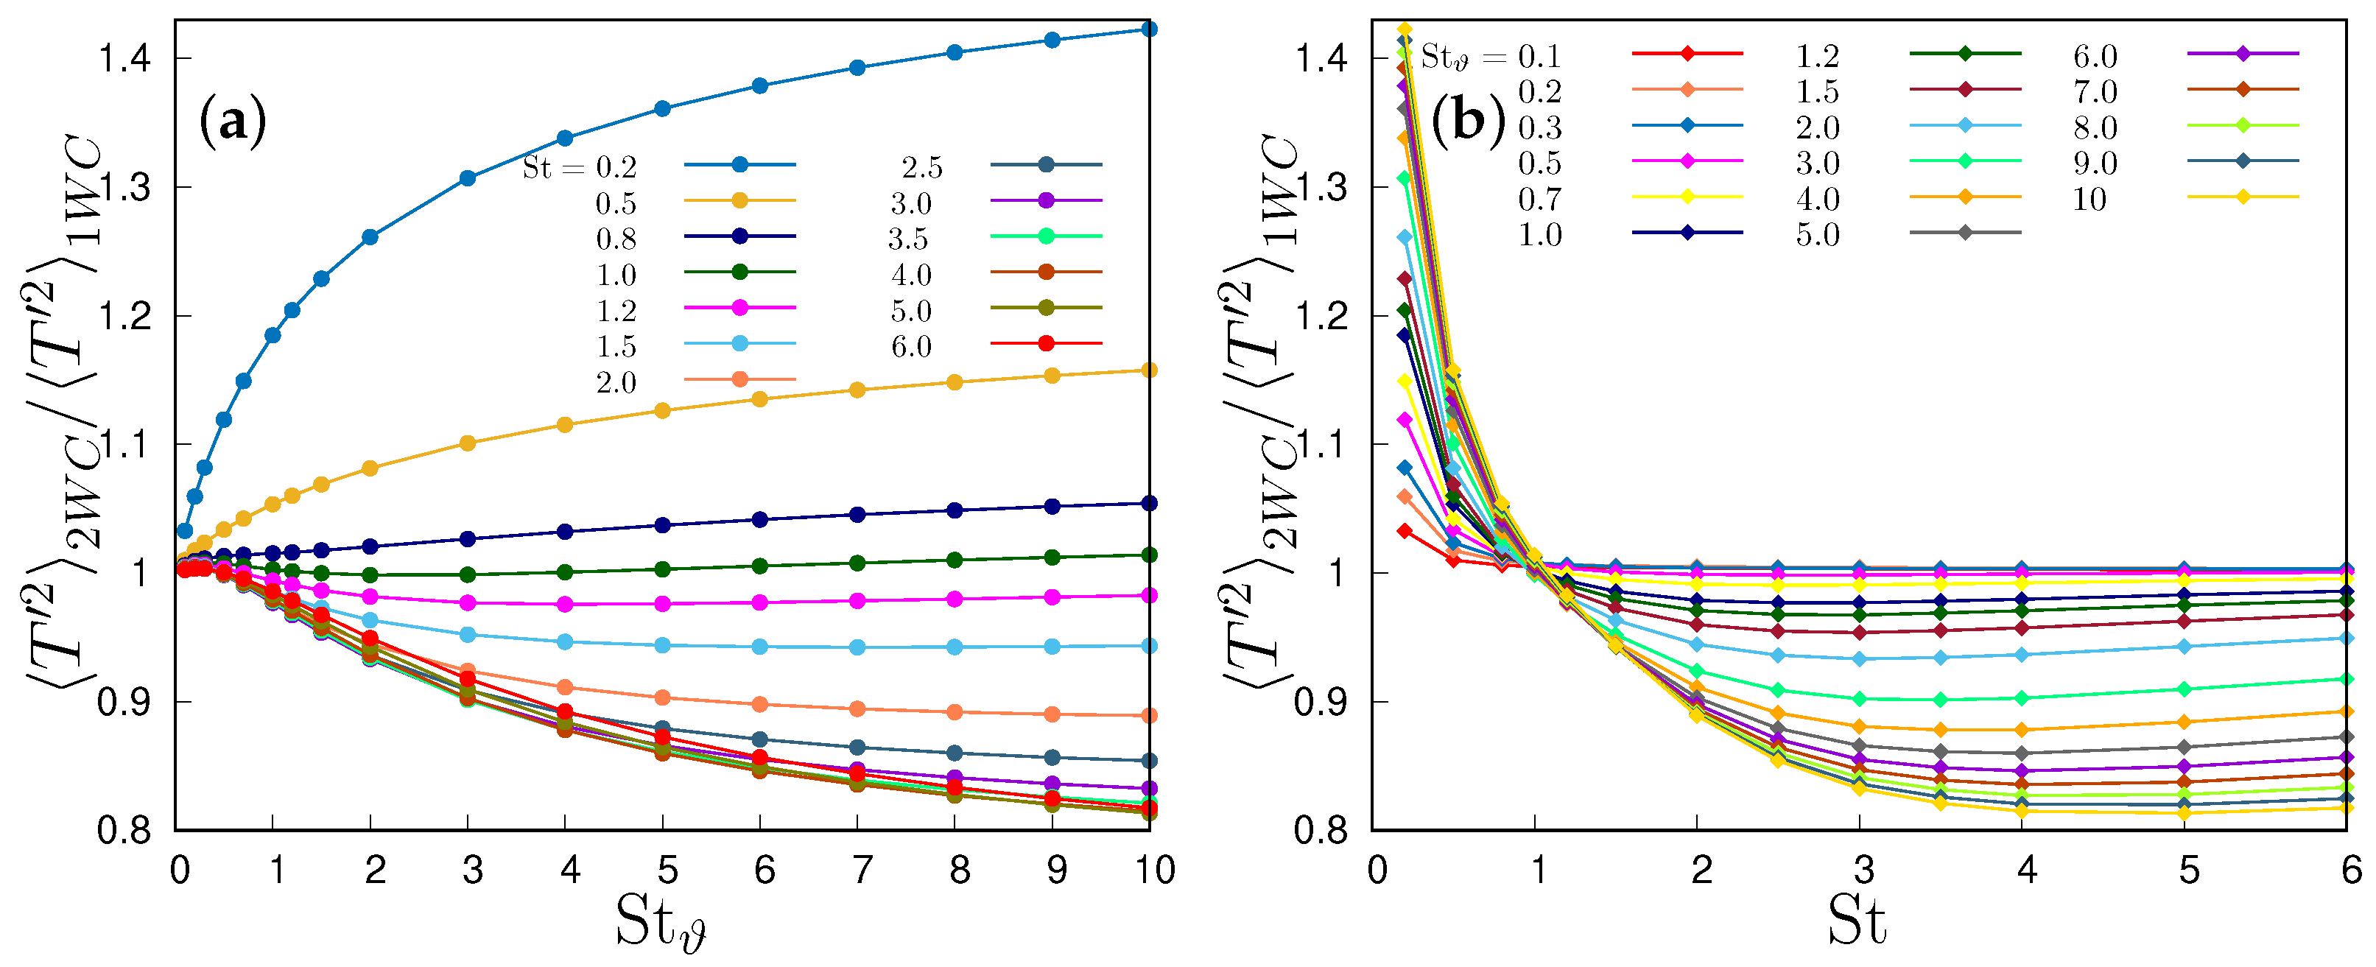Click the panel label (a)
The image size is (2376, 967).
point(233,121)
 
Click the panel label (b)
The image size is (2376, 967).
point(1466,119)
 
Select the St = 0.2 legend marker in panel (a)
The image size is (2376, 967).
point(739,165)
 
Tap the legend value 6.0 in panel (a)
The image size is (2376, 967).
point(911,346)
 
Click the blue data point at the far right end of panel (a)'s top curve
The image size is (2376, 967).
point(1149,29)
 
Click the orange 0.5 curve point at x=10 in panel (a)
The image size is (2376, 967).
point(1149,370)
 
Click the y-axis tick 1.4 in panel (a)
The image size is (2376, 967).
point(124,59)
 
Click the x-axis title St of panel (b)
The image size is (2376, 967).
point(1856,921)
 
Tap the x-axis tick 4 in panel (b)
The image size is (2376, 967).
point(2025,869)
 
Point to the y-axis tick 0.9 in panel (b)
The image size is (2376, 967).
point(1322,702)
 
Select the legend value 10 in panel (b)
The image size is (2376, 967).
point(2089,200)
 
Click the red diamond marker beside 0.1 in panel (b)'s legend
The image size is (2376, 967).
point(1687,54)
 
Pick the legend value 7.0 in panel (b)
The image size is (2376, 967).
point(2095,91)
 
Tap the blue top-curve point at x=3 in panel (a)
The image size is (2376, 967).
point(468,178)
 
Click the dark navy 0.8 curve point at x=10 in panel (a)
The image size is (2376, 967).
point(1149,503)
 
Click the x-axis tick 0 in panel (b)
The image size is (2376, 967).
point(1377,869)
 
